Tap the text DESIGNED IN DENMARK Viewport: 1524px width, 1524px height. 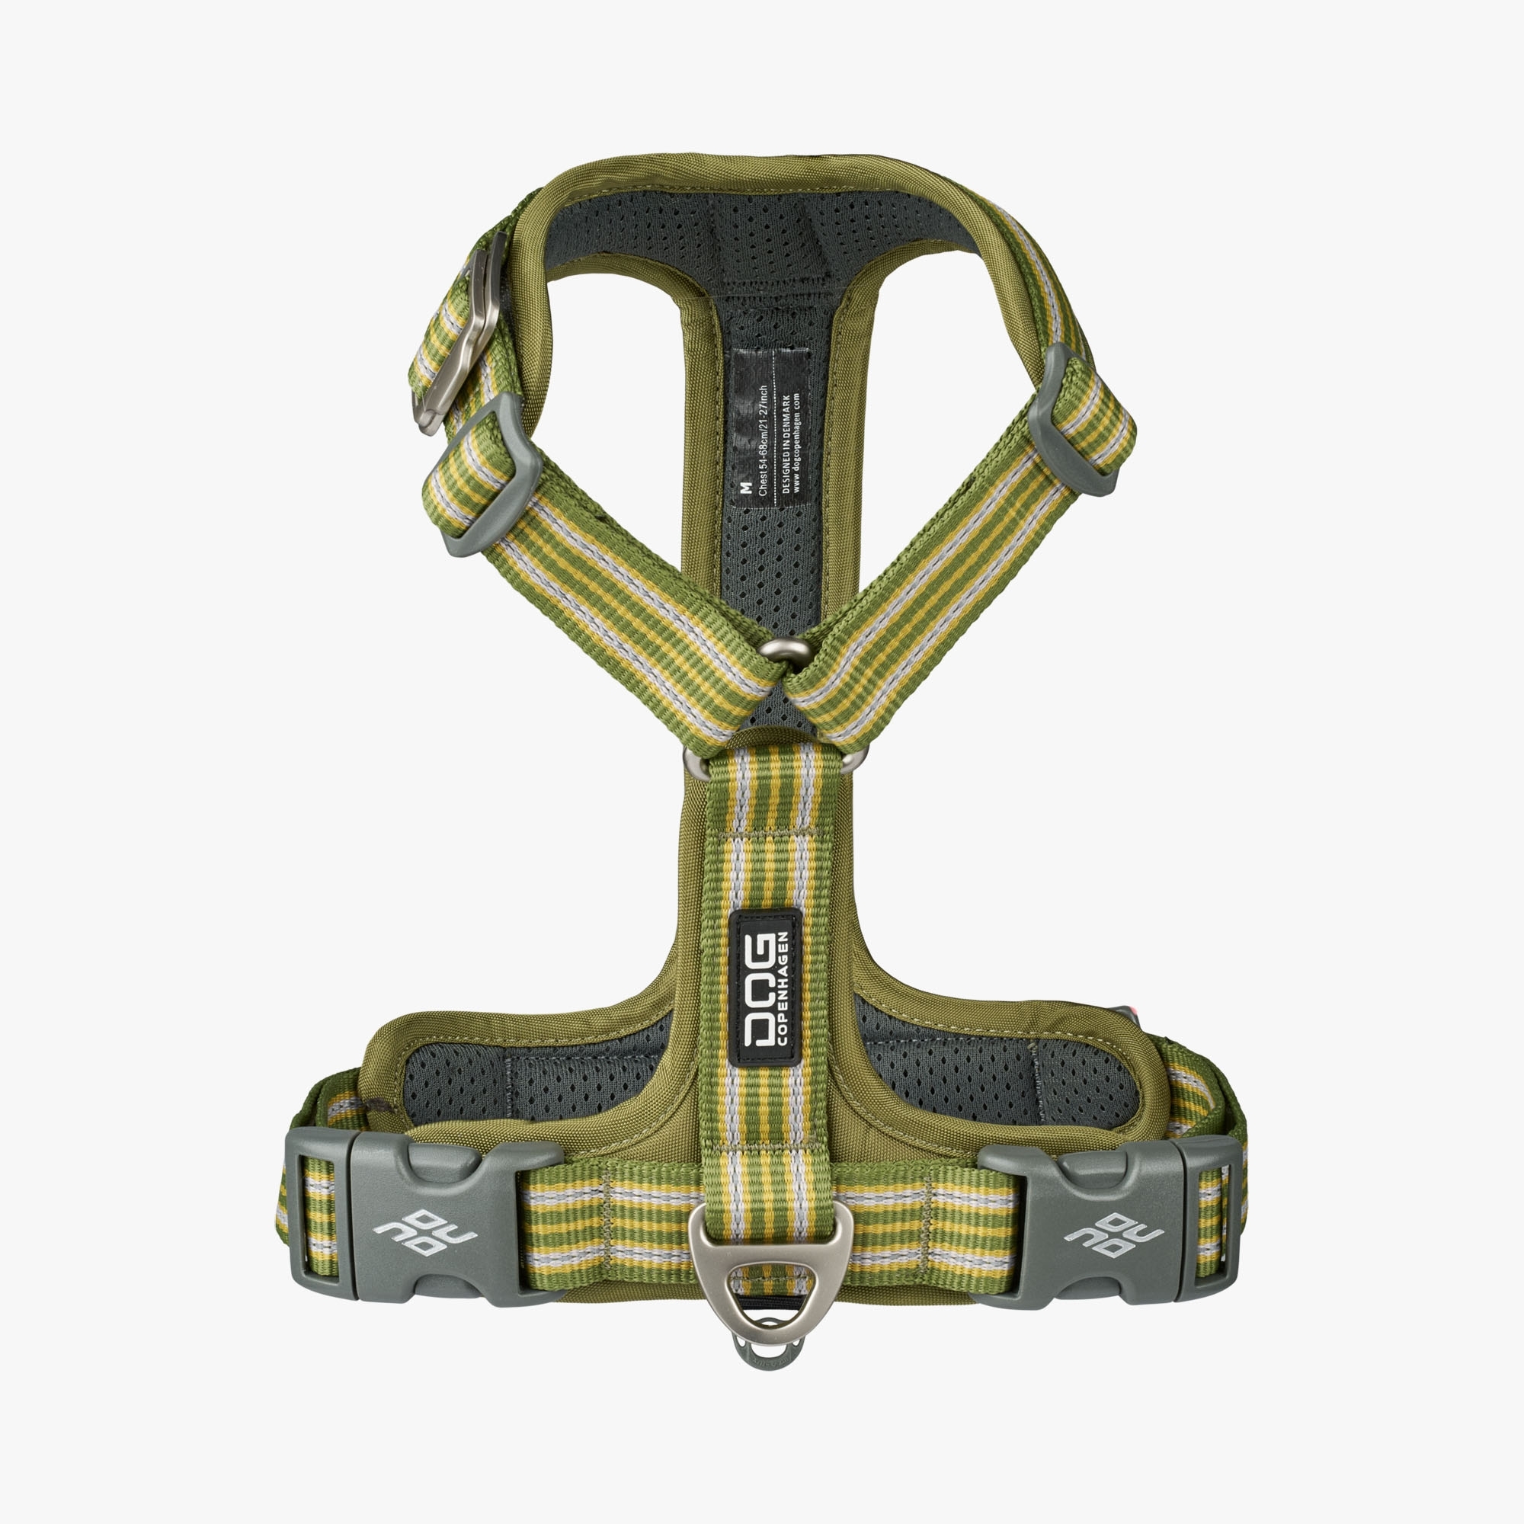pyautogui.click(x=786, y=442)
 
